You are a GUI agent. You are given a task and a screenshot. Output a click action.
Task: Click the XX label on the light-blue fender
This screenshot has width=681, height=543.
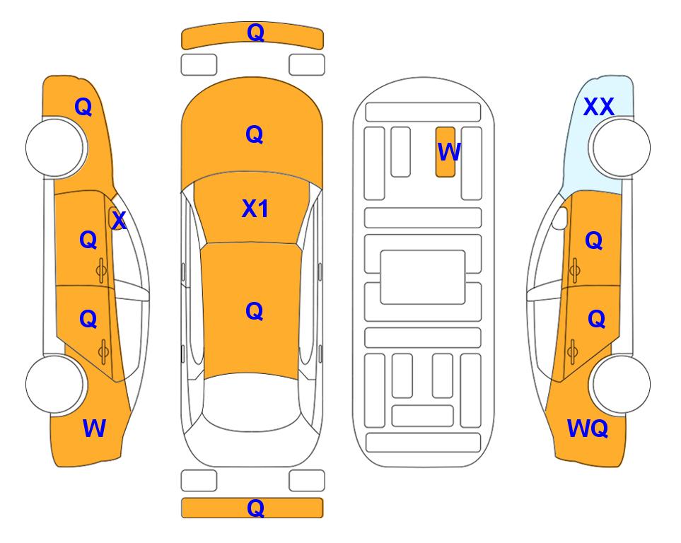click(598, 107)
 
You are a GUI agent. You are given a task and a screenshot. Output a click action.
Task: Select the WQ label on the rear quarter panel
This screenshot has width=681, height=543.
click(587, 428)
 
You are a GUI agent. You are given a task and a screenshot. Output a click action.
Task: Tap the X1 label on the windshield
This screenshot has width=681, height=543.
click(255, 209)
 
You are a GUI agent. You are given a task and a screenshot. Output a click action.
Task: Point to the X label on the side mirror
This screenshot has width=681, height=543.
click(119, 221)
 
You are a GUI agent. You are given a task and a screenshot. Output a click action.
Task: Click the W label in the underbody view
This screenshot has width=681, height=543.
click(448, 152)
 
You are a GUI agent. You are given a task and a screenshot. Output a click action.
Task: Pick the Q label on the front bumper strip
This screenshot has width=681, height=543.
click(255, 33)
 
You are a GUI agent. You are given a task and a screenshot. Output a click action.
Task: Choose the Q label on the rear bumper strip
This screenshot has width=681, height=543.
click(255, 508)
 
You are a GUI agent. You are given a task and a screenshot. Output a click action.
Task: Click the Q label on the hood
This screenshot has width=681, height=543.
click(254, 134)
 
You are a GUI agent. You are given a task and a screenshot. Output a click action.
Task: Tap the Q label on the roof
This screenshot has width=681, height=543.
click(254, 311)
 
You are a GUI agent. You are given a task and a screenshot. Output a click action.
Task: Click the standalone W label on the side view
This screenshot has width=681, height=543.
click(94, 428)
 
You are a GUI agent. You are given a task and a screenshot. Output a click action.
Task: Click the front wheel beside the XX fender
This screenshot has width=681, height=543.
click(619, 148)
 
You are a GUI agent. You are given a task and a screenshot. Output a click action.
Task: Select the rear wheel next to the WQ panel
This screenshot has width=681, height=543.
click(619, 384)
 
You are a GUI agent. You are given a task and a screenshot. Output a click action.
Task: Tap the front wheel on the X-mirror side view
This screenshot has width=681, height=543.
click(57, 148)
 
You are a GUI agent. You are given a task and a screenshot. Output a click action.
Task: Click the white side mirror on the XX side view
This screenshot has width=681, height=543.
click(560, 218)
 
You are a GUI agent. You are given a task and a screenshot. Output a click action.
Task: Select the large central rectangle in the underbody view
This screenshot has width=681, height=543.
click(423, 277)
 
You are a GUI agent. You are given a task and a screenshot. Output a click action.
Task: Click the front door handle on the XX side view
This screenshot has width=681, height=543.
click(574, 270)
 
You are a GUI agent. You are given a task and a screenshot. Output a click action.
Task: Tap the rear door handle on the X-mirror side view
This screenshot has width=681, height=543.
click(103, 352)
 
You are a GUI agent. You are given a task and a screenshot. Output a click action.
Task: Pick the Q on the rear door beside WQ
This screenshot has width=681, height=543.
click(596, 320)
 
